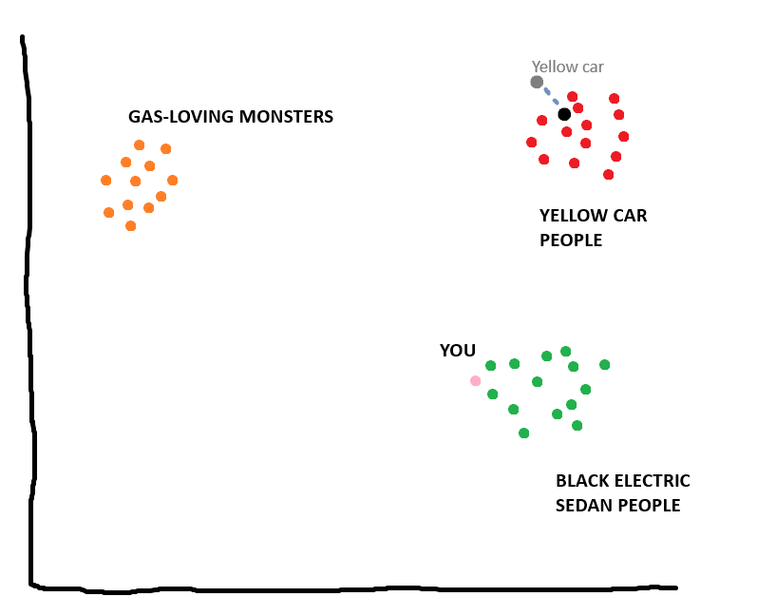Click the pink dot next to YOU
475,381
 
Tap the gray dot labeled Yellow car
537,83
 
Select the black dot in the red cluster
564,114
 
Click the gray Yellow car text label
567,67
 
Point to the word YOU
457,351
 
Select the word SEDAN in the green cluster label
584,505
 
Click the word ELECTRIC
650,481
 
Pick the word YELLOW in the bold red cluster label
571,216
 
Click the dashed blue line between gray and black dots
551,97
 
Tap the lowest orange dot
131,226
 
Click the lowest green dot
523,433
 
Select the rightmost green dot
604,365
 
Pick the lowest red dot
608,175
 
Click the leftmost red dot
531,143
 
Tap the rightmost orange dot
172,181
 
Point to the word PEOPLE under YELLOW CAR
571,241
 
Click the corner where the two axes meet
31,585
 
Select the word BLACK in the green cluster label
580,481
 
